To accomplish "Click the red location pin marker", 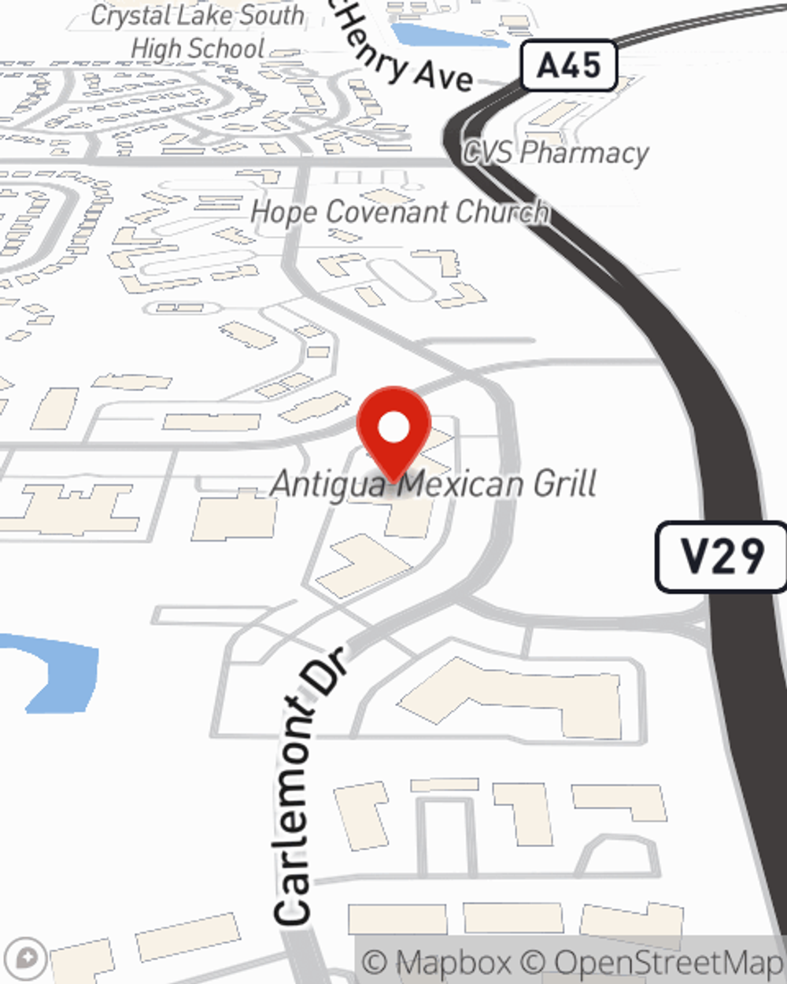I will click(394, 433).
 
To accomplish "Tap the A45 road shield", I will click(568, 65).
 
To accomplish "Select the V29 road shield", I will click(722, 557).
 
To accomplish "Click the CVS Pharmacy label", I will click(556, 152).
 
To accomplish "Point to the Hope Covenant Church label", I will click(399, 213).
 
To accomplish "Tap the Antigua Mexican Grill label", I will click(434, 483).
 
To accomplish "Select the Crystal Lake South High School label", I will click(198, 31).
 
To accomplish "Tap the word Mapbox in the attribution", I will click(453, 962).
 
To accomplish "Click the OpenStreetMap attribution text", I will click(667, 962).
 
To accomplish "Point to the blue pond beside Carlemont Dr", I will click(59, 669).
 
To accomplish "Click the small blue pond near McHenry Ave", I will click(449, 35).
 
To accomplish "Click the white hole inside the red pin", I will click(394, 427).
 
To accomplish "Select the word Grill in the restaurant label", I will click(564, 483).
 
